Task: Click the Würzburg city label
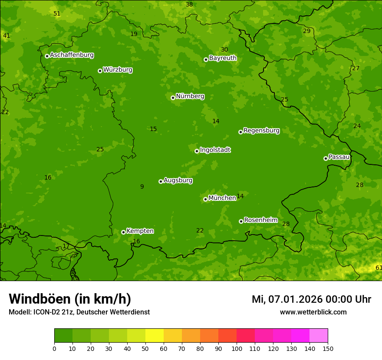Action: point(118,70)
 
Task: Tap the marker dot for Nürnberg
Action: point(173,98)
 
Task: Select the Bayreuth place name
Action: point(223,58)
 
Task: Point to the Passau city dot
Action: point(326,158)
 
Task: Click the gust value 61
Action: point(379,268)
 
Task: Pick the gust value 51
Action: point(57,14)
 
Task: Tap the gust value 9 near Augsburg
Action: point(142,187)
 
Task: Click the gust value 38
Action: point(189,5)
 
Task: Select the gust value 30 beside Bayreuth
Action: point(224,50)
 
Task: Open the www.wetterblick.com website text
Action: point(313,312)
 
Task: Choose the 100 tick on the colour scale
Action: point(237,348)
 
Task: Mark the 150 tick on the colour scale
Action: point(328,348)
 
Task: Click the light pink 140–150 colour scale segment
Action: point(319,336)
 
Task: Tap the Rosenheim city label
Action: point(260,220)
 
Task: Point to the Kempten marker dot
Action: point(123,232)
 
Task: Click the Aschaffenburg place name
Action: point(72,55)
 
